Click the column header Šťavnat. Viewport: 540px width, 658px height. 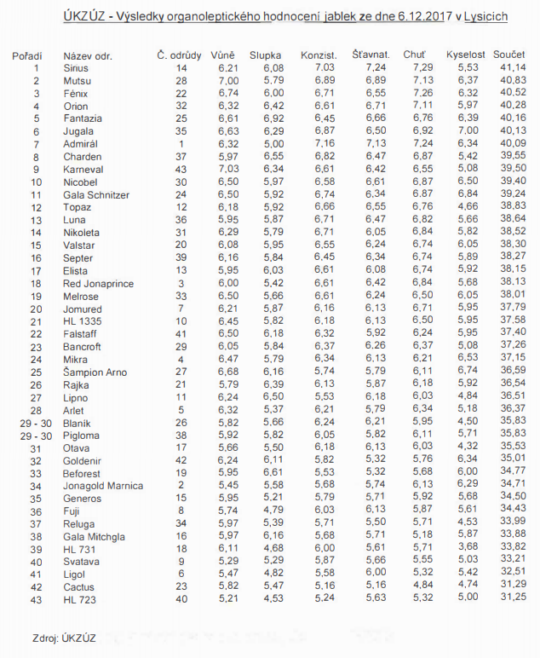pos(371,55)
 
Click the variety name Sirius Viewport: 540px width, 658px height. pos(75,67)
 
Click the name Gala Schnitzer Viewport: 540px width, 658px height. pos(96,195)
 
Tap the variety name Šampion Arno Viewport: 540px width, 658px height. pos(95,372)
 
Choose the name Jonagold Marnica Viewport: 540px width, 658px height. pos(103,486)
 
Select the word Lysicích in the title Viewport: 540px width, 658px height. pos(486,17)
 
